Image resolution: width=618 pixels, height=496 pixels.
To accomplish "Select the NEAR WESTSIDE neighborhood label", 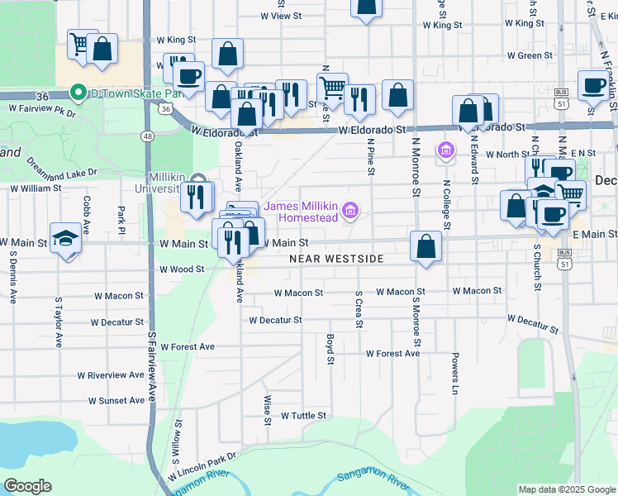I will tap(336, 259).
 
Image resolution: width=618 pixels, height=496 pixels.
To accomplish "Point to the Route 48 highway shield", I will tap(147, 136).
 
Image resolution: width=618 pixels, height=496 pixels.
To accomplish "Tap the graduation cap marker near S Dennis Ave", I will tap(65, 237).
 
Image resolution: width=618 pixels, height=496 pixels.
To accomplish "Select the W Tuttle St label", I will tap(303, 416).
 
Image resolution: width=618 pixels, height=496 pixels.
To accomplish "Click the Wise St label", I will tap(268, 409).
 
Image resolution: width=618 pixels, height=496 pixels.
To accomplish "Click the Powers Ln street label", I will tap(454, 374).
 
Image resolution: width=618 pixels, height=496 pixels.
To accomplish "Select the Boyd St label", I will tap(330, 349).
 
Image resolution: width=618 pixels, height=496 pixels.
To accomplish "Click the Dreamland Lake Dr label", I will tap(62, 166).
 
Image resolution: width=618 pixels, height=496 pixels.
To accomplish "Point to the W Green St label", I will tap(530, 55).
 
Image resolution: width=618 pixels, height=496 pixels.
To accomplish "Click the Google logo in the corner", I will tap(28, 485).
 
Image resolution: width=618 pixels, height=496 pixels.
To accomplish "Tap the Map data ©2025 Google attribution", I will tap(566, 489).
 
